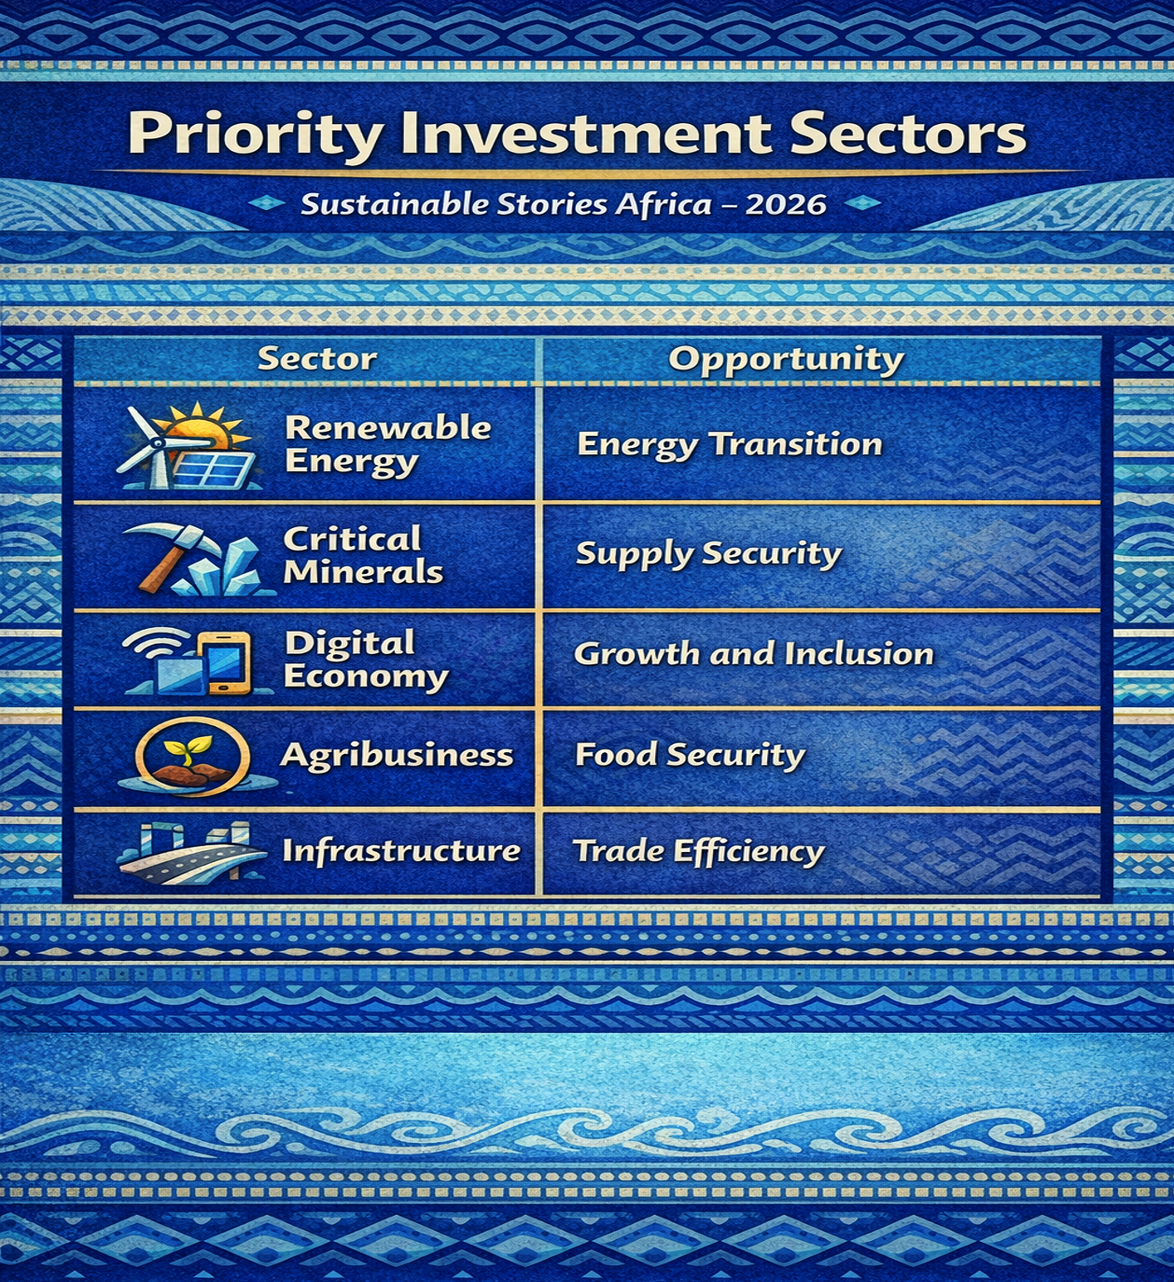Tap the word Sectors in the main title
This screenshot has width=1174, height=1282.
click(x=907, y=134)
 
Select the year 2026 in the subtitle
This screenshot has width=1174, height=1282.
click(x=786, y=204)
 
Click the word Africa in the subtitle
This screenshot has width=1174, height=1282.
click(x=663, y=204)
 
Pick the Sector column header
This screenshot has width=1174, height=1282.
click(x=317, y=358)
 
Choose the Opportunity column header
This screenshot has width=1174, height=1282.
click(x=786, y=360)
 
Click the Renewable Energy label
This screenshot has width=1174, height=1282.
click(x=387, y=444)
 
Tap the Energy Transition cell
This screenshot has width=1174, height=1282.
click(x=730, y=444)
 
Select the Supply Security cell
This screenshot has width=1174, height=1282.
click(x=708, y=554)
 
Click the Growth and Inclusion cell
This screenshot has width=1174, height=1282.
click(x=753, y=654)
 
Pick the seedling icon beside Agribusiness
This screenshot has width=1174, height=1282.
click(x=191, y=756)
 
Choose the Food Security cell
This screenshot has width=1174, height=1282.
click(x=690, y=755)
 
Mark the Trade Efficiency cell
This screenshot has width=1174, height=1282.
click(x=698, y=851)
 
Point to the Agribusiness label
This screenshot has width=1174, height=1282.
click(x=397, y=755)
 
